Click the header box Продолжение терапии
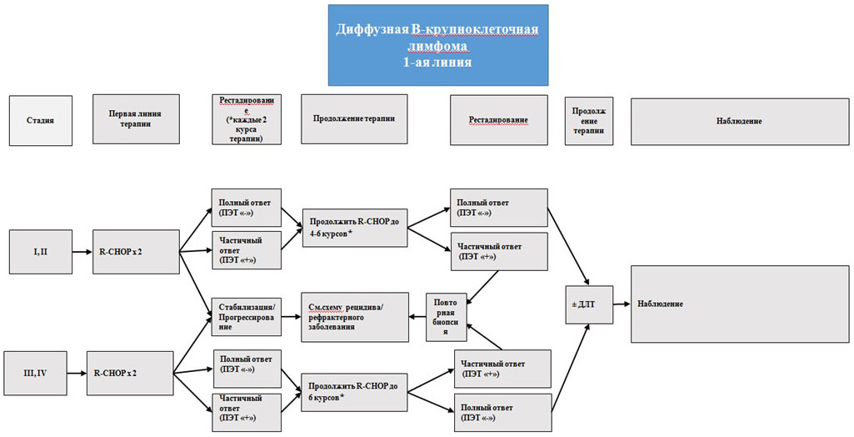click(x=355, y=119)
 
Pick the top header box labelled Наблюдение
click(x=738, y=122)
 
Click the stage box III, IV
click(x=36, y=372)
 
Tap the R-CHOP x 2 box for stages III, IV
click(x=130, y=372)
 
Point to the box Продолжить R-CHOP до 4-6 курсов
click(x=356, y=227)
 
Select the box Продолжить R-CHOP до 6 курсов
click(x=354, y=390)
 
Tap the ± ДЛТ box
click(x=588, y=304)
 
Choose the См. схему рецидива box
click(x=356, y=317)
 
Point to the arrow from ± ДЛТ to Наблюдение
click(x=622, y=304)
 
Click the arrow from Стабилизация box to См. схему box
click(x=288, y=317)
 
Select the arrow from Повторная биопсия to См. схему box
click(x=417, y=317)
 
